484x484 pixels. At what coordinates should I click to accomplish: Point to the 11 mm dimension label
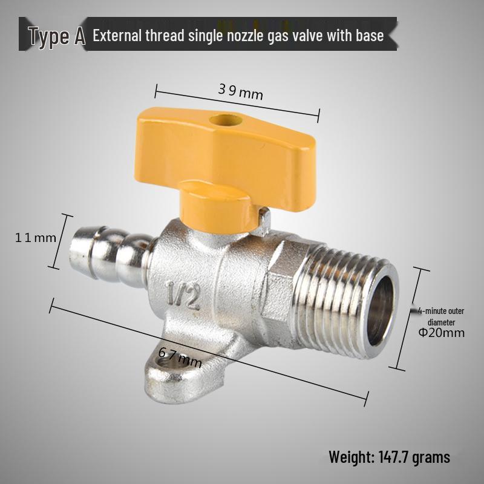click(x=35, y=238)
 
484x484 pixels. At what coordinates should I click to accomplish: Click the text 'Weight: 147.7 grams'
click(x=389, y=457)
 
